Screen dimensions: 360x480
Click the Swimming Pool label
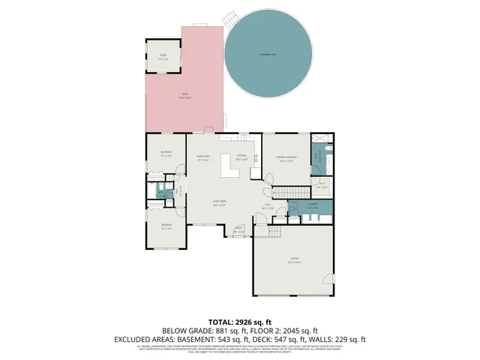pyautogui.click(x=268, y=56)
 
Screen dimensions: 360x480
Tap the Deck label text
pyautogui.click(x=183, y=94)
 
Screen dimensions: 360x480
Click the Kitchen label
pyautogui.click(x=241, y=157)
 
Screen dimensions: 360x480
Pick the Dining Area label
pyautogui.click(x=202, y=157)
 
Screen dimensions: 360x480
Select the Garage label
pyautogui.click(x=293, y=262)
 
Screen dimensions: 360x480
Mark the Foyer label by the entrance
pyautogui.click(x=238, y=229)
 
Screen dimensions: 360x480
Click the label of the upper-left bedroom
pyautogui.click(x=166, y=154)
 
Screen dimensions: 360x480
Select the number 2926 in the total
pyautogui.click(x=253, y=322)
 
